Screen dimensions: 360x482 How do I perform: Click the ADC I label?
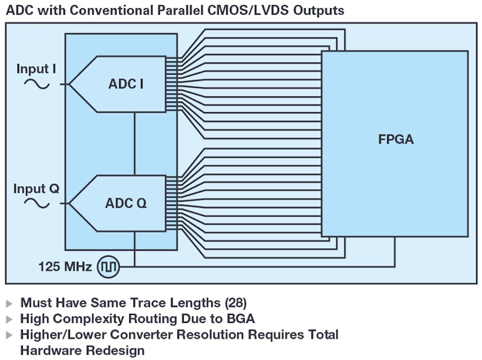126,84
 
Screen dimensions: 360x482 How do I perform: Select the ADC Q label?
126,204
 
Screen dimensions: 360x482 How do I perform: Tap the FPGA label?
396,139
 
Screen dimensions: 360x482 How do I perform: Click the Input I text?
36,69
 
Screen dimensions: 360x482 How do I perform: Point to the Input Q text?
36,189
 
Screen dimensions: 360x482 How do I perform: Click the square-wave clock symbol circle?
109,266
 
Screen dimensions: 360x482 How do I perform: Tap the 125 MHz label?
65,266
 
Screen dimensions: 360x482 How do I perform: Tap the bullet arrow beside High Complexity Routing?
10,319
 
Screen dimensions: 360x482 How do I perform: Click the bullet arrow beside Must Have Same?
10,304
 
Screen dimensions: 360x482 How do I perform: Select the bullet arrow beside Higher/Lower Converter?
10,335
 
